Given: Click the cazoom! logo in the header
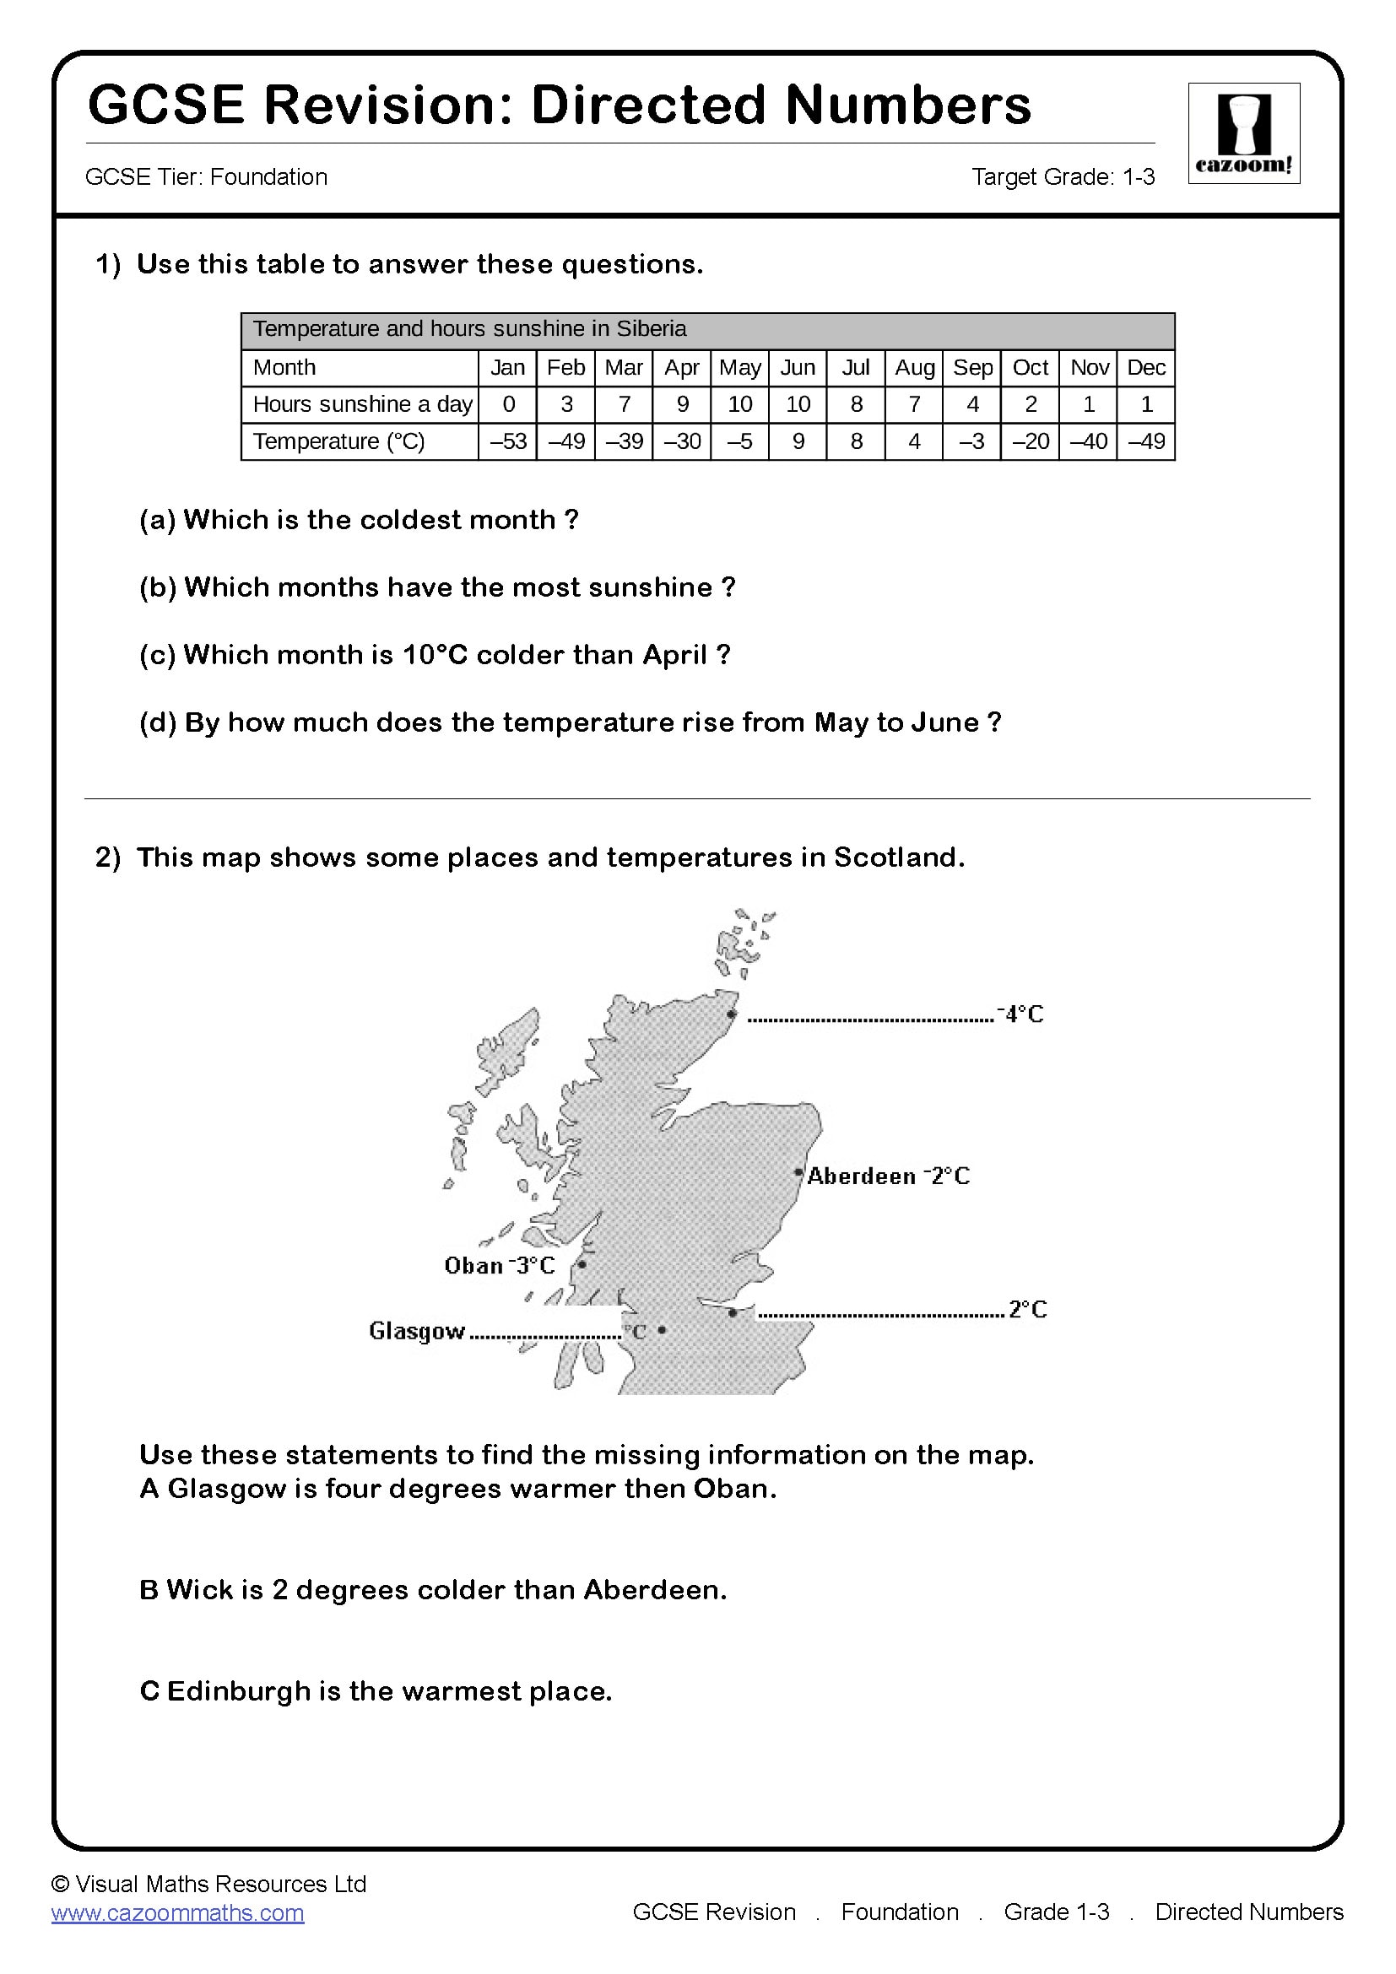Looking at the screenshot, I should pyautogui.click(x=1243, y=133).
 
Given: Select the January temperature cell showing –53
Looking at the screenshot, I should pyautogui.click(x=507, y=441).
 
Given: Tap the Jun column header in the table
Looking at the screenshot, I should pyautogui.click(x=797, y=368).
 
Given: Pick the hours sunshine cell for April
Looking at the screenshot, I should pyautogui.click(x=682, y=404).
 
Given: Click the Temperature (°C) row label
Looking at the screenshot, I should pyautogui.click(x=338, y=441).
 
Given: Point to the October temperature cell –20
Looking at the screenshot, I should pyautogui.click(x=1030, y=441).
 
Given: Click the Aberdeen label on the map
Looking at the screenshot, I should pyautogui.click(x=862, y=1176).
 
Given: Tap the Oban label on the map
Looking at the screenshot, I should pyautogui.click(x=473, y=1266).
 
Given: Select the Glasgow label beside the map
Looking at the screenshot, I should pyautogui.click(x=417, y=1331).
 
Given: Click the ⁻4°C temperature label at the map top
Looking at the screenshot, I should pyautogui.click(x=1020, y=1014).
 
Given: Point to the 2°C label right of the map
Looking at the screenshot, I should pyautogui.click(x=1027, y=1310).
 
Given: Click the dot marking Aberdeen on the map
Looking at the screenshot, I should pyautogui.click(x=798, y=1172).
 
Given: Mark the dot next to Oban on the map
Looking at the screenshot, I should pyautogui.click(x=582, y=1264).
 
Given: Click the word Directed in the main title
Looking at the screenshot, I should pyautogui.click(x=648, y=105).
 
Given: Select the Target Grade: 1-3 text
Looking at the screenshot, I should pyautogui.click(x=1063, y=177).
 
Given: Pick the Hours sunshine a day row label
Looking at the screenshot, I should pyautogui.click(x=362, y=404).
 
